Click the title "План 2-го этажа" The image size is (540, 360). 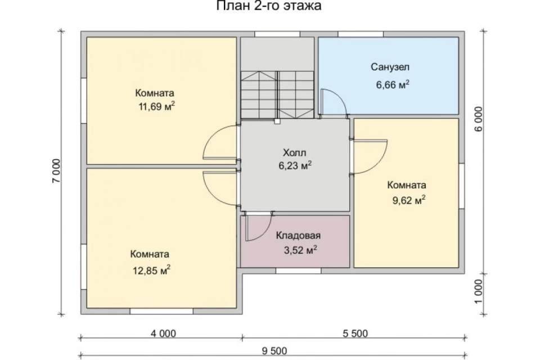tap(269, 6)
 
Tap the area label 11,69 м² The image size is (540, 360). tap(156, 106)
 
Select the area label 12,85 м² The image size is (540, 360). tap(151, 270)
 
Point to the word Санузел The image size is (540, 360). tap(390, 67)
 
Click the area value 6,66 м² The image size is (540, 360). tap(393, 84)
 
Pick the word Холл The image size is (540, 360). tap(294, 152)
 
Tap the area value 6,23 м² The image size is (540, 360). tap(295, 166)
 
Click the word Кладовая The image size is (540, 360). tap(298, 235)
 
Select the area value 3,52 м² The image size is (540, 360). tap(300, 250)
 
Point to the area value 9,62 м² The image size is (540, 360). tap(409, 200)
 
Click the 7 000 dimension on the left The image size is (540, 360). tap(56, 171)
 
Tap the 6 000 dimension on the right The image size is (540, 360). tap(479, 119)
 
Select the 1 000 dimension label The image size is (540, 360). tap(479, 291)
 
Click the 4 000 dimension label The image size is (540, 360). tap(163, 334)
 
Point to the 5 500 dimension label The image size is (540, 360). tap(355, 334)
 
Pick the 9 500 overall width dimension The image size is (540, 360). tap(274, 351)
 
